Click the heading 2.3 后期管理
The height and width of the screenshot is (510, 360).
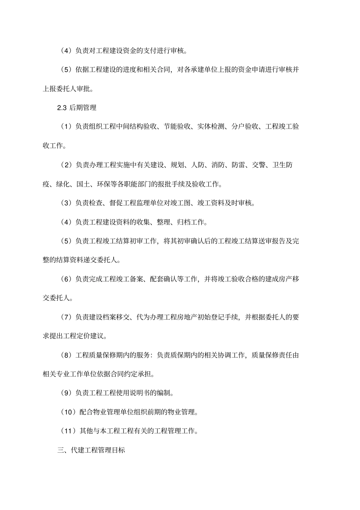click(x=77, y=108)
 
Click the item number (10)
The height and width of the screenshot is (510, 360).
click(x=69, y=412)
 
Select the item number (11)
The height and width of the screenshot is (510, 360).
click(x=69, y=431)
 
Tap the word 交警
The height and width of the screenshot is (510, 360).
click(x=259, y=165)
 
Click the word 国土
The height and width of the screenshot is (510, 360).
click(x=83, y=184)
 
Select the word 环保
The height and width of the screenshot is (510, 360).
click(x=103, y=184)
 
